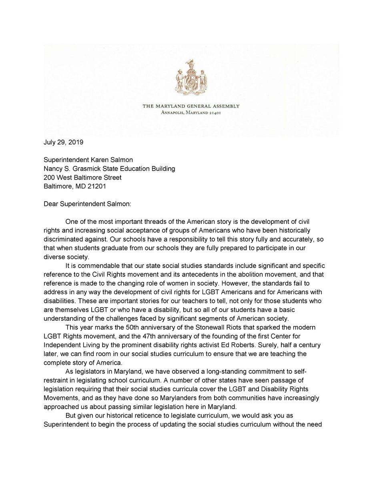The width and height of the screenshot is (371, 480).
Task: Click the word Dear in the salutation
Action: (x=52, y=204)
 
